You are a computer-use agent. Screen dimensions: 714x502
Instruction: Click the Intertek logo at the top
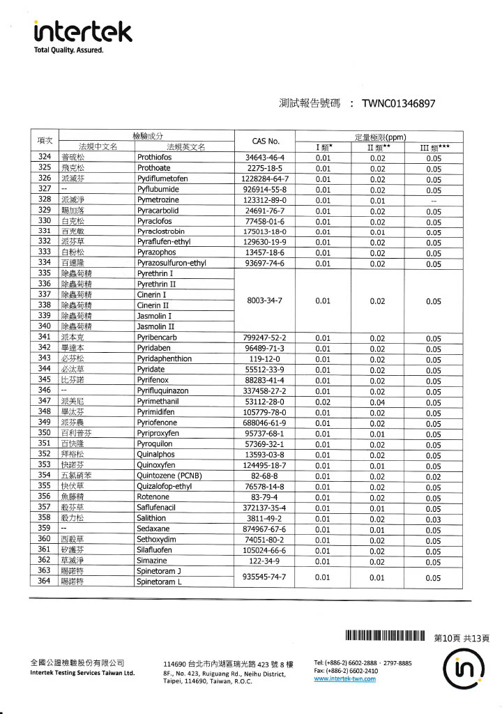coord(83,33)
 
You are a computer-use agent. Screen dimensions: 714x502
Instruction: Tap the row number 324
coord(45,158)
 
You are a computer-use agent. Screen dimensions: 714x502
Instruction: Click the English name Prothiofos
coord(155,158)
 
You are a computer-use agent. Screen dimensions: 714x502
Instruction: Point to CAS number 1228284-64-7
coord(264,178)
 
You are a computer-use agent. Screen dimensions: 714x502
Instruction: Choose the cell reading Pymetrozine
coord(158,200)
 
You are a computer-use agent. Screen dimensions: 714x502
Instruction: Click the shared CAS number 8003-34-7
coord(264,301)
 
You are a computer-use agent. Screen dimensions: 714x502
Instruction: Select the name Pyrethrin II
coord(157,284)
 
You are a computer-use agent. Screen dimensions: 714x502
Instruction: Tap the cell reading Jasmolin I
coord(155,316)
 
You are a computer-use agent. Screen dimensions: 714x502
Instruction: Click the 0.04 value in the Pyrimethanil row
coord(377,402)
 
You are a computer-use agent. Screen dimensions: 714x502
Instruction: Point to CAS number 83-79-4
coord(264,498)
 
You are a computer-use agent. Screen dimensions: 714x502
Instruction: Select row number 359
coord(45,530)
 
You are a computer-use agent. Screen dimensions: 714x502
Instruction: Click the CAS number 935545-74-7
coord(264,577)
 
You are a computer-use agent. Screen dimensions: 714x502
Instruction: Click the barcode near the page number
coord(385,636)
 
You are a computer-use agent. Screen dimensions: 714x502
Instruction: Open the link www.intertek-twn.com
coord(345,679)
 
